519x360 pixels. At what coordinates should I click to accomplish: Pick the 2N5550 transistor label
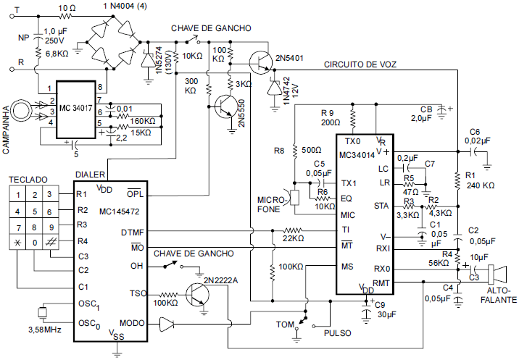coord(242,118)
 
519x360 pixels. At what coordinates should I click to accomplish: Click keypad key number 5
coord(33,210)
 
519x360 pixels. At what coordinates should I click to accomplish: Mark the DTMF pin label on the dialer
coord(133,232)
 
